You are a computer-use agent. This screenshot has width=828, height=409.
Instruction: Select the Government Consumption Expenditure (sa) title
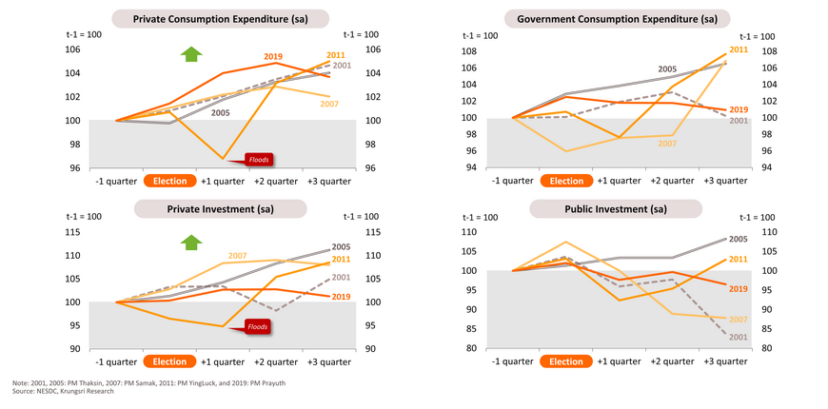tap(617, 18)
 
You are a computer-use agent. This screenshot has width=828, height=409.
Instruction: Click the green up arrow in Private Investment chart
tap(191, 243)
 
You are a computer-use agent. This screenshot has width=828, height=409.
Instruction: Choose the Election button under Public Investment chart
tap(566, 361)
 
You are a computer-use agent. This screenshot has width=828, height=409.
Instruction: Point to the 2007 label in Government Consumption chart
tap(666, 143)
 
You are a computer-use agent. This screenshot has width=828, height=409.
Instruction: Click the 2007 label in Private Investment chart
tap(237, 256)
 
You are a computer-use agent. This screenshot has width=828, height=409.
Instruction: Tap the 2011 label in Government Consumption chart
tap(739, 49)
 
